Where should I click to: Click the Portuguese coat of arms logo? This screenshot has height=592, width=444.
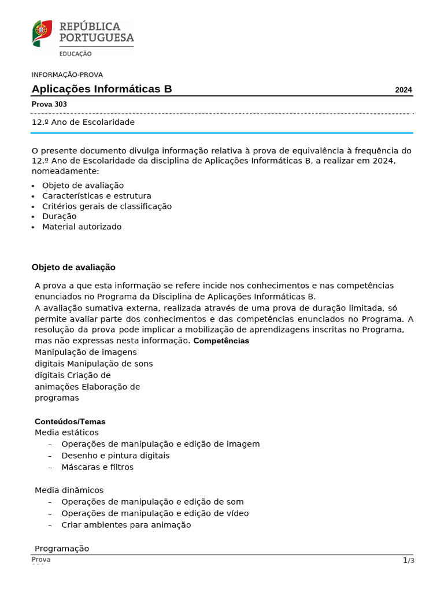42,33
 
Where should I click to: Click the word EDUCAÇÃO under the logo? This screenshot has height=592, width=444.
75,54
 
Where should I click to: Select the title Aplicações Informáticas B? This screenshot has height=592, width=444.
102,89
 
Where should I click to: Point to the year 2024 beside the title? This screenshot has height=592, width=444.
404,90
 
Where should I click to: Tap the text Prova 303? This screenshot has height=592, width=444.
49,105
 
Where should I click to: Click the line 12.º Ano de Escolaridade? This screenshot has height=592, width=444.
83,123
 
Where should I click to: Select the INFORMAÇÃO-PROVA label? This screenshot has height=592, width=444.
67,75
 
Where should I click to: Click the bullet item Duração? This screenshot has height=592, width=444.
59,216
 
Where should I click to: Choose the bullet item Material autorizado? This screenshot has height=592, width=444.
82,227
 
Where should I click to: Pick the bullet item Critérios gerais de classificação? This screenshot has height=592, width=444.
106,206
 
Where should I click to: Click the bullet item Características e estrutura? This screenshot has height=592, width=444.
97,196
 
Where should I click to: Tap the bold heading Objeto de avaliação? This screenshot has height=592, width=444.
73,267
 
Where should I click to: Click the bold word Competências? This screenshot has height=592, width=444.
221,341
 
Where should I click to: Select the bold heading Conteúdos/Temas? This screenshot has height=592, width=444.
70,421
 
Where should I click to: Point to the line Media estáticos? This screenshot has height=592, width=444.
66,432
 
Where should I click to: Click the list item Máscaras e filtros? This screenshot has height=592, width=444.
97,467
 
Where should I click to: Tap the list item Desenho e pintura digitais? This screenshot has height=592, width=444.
115,456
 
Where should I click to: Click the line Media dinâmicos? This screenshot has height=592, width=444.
69,490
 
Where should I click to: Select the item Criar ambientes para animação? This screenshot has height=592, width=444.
126,525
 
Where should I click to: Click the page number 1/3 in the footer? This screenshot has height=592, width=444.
409,561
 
